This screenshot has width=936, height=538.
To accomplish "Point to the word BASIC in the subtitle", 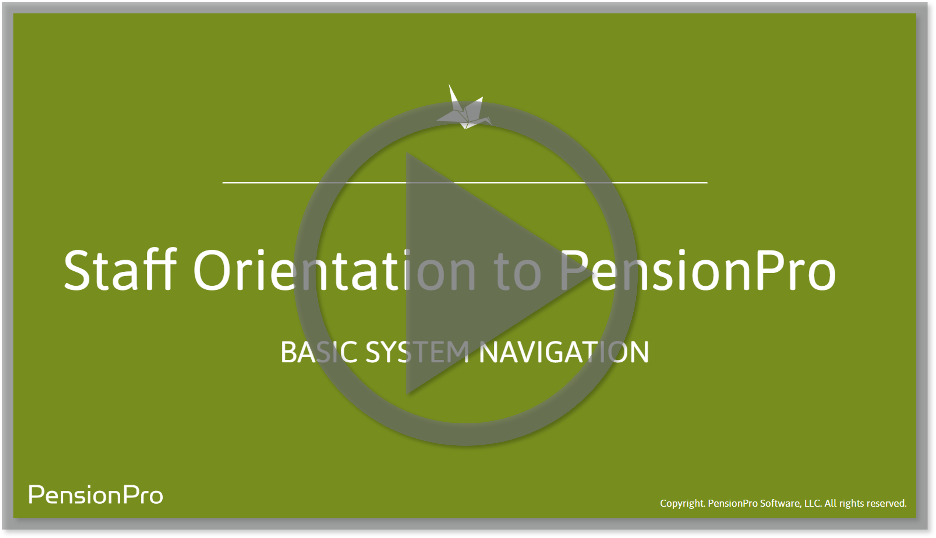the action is coord(319,352).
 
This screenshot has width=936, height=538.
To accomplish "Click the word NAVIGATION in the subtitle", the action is coord(564,352).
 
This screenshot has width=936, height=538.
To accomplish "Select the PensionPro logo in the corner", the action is coord(96,495).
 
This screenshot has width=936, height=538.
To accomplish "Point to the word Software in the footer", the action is coord(781,503).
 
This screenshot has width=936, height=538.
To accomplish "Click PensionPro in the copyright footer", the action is coord(733,503).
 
